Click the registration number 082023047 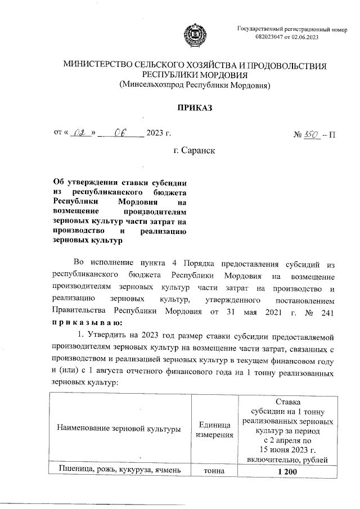click(274, 37)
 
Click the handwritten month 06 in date click(120, 133)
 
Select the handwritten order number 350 click(311, 134)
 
